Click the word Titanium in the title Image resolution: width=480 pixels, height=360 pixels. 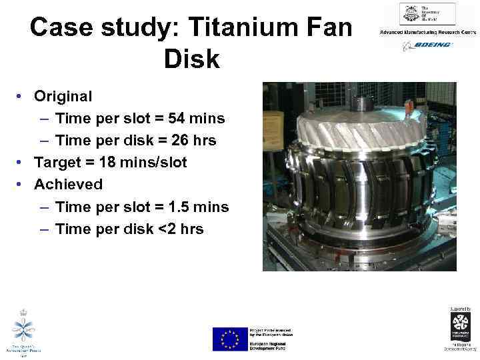coord(252,27)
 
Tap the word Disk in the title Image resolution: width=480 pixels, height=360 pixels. coord(191,59)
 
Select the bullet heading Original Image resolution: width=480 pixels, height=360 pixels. coord(63,96)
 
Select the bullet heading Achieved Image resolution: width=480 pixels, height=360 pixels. coord(68,184)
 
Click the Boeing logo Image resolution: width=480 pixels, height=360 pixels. coord(427,45)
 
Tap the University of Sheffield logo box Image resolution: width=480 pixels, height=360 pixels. coord(427,14)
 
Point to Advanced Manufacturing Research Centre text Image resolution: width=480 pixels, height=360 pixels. coord(427,32)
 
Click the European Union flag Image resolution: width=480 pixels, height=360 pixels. coord(230,339)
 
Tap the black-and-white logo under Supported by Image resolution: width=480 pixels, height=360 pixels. coord(459,327)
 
